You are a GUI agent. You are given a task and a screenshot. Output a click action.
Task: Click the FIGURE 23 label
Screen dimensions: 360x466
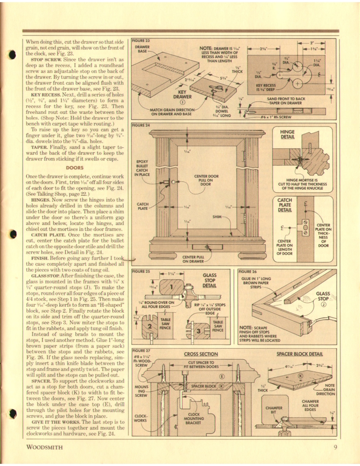click(141, 41)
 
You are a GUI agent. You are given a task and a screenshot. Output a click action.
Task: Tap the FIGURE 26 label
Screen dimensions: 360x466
click(247, 272)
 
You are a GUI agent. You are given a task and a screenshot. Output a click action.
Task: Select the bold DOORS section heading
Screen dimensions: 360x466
click(75, 168)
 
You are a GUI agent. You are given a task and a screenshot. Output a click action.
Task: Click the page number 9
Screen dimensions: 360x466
click(335, 447)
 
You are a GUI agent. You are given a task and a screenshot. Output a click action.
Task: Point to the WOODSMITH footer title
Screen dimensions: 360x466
click(44, 447)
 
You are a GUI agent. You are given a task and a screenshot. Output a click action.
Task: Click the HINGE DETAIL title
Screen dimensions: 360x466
click(287, 134)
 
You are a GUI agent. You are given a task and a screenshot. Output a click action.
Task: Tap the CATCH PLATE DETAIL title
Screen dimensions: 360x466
click(285, 205)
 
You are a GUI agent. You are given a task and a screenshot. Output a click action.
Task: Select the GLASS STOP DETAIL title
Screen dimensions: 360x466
click(209, 280)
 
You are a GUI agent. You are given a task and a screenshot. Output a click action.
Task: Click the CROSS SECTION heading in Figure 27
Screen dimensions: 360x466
click(201, 354)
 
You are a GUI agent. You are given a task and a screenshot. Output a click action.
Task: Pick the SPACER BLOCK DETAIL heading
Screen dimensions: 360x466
click(299, 354)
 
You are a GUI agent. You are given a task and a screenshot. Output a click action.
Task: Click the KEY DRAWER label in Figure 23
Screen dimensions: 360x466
click(183, 94)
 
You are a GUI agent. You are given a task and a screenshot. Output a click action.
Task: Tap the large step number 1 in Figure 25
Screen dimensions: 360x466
click(171, 287)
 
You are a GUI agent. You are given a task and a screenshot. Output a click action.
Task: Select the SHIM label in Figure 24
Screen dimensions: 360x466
click(217, 217)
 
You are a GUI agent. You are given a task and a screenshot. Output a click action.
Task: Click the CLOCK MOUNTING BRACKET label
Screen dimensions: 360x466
click(194, 419)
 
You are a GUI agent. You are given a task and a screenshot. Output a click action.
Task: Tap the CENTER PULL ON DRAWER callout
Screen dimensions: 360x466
click(193, 259)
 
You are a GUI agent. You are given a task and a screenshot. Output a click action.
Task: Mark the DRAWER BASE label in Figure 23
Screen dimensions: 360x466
click(142, 49)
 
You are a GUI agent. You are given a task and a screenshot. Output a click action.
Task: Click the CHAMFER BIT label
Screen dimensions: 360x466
click(274, 410)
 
